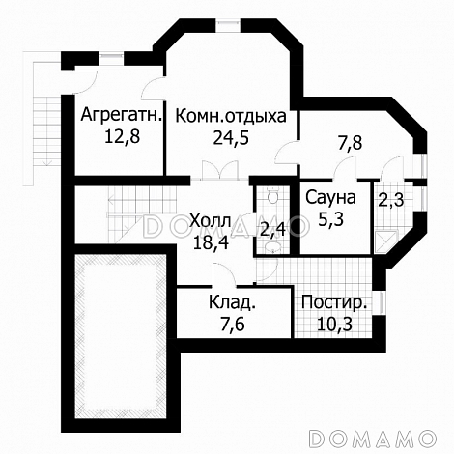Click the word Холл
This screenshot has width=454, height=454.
pos(210,218)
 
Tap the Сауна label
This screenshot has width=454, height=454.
pos(331,198)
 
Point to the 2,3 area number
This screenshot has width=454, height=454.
pos(391,201)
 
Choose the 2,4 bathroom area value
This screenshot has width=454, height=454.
pos(272,230)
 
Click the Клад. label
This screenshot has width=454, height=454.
pos(232,304)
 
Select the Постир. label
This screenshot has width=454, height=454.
pos(334,304)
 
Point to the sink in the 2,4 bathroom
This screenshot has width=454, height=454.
pos(272,249)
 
